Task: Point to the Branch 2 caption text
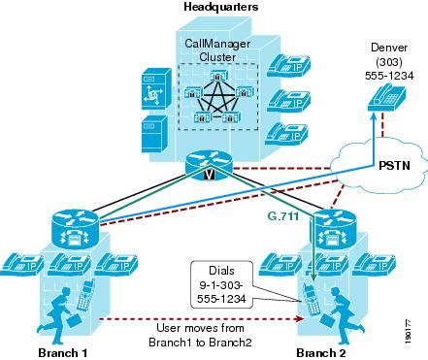(x=321, y=350)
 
